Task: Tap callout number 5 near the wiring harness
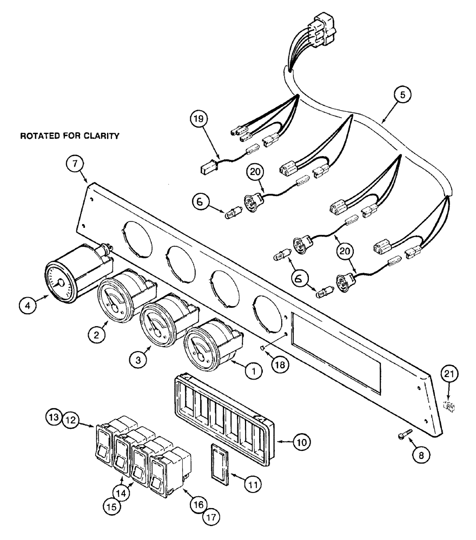(x=402, y=96)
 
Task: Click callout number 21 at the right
(x=451, y=373)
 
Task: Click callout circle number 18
(x=280, y=365)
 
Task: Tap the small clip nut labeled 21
(x=447, y=406)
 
